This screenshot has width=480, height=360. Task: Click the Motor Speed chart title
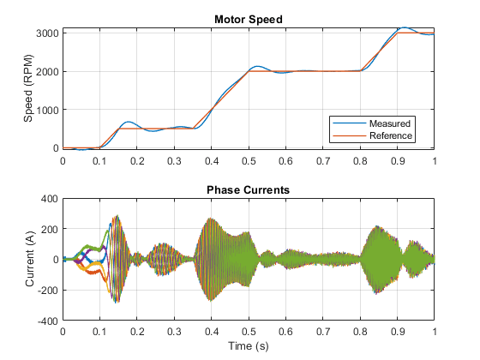pyautogui.click(x=249, y=19)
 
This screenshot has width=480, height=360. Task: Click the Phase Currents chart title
pyautogui.click(x=248, y=189)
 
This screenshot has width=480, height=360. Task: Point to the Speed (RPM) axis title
pyautogui.click(x=28, y=88)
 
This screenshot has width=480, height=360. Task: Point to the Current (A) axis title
pyautogui.click(x=30, y=259)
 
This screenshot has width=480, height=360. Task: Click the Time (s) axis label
pyautogui.click(x=249, y=346)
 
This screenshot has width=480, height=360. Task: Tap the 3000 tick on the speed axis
pyautogui.click(x=47, y=33)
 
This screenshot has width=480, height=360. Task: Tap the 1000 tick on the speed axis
pyautogui.click(x=47, y=110)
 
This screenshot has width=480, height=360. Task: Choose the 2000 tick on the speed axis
pyautogui.click(x=47, y=72)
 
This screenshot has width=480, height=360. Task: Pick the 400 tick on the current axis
pyautogui.click(x=50, y=199)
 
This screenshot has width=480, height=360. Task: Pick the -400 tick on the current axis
pyautogui.click(x=48, y=321)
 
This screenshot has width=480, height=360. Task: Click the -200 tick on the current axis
pyautogui.click(x=48, y=291)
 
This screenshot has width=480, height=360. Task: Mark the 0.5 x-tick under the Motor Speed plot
pyautogui.click(x=249, y=161)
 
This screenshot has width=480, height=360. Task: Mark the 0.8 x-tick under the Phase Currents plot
pyautogui.click(x=360, y=331)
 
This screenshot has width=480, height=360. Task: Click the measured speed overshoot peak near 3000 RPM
pyautogui.click(x=405, y=27)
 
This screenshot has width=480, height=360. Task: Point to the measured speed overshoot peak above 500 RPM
pyautogui.click(x=129, y=122)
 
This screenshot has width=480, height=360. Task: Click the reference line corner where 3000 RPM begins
pyautogui.click(x=398, y=33)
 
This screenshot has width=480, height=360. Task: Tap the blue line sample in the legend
pyautogui.click(x=350, y=123)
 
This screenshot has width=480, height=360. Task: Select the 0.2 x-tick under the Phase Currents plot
pyautogui.click(x=137, y=331)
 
